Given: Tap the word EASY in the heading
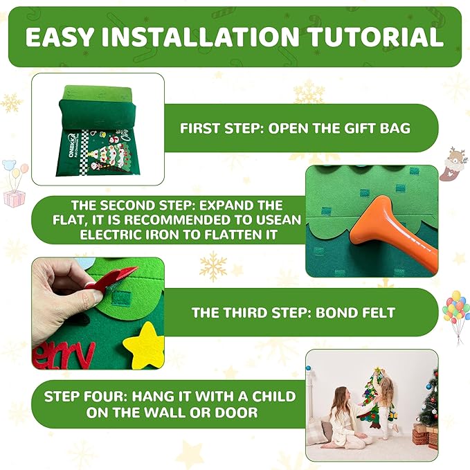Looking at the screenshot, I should click(60, 37).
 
